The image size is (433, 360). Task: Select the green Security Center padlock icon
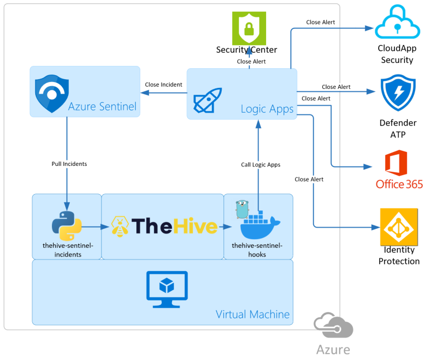click(249, 28)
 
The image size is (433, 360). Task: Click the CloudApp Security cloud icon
click(396, 23)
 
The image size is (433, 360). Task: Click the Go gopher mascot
click(243, 208)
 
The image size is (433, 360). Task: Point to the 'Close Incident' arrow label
click(163, 85)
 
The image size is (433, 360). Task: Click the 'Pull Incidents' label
click(69, 164)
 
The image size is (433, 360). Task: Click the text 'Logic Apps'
click(267, 109)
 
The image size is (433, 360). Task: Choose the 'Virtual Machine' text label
click(252, 314)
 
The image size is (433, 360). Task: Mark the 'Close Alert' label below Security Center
click(251, 61)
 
